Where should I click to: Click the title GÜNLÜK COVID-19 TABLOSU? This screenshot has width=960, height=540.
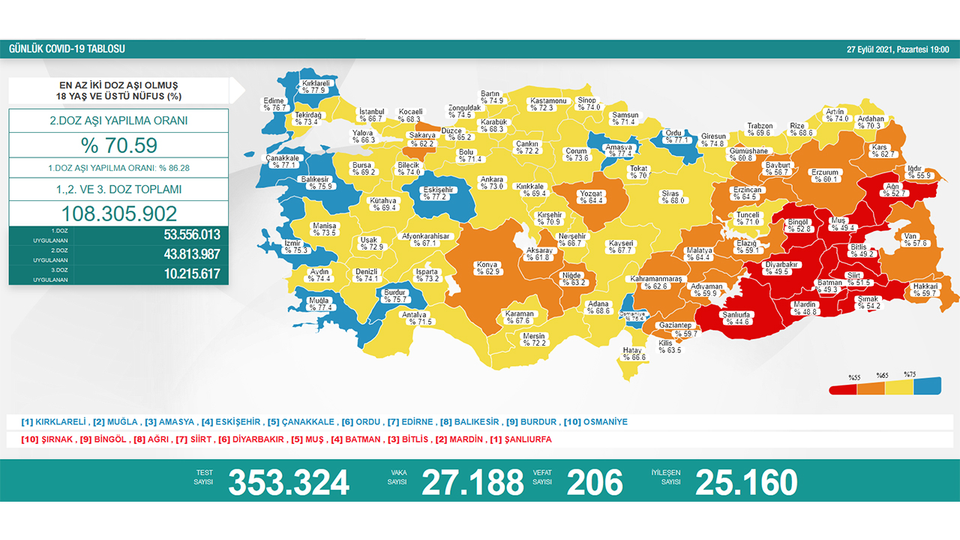point(67,49)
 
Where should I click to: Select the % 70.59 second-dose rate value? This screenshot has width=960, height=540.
point(118,145)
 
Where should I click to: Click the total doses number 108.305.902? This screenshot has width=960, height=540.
point(118,214)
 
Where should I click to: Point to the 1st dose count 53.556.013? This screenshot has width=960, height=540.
point(191,235)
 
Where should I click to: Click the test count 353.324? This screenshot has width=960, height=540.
point(289,482)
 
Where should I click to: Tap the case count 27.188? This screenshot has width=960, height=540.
point(472,482)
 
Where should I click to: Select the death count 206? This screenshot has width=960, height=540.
point(595,482)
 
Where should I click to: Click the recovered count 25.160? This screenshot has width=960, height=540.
point(746,482)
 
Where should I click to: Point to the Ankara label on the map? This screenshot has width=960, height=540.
point(492,180)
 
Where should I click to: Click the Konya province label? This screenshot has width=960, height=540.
point(487,265)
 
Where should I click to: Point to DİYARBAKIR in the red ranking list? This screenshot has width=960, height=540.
point(253,439)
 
